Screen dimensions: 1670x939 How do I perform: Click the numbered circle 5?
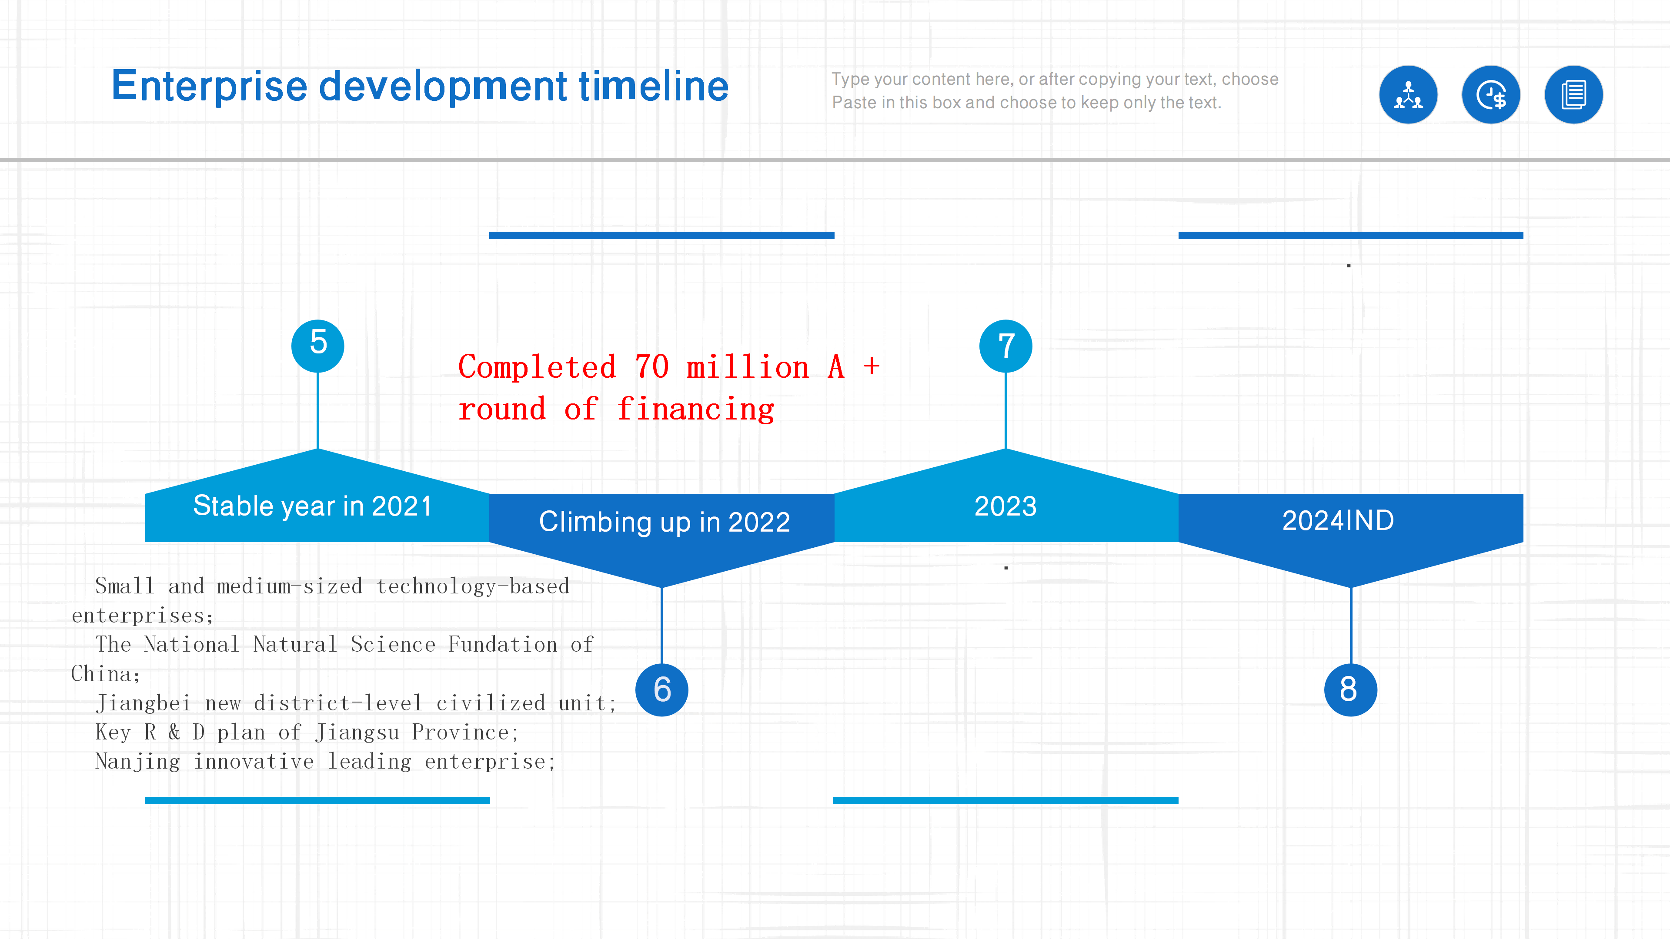tap(317, 346)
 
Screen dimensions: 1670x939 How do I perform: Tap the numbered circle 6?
tap(662, 689)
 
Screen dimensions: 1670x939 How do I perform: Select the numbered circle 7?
tap(1005, 346)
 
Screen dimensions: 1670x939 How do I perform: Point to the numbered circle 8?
tap(1350, 689)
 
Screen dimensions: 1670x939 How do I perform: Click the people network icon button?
tap(1408, 95)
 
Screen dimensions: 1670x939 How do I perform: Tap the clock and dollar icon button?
tap(1491, 95)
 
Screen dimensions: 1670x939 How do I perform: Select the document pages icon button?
tap(1574, 95)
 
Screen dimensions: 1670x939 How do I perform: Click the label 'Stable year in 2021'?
tap(313, 506)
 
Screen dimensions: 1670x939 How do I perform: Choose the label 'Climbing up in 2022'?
tap(665, 522)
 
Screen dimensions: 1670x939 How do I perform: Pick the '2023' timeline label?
tap(1005, 506)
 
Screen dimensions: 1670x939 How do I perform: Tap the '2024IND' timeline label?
tap(1338, 520)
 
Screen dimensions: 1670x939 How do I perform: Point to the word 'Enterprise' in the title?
tap(209, 87)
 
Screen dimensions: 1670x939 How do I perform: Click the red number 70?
tap(651, 367)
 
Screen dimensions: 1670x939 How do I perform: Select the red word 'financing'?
tap(696, 410)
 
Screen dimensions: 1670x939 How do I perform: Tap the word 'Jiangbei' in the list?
tap(143, 703)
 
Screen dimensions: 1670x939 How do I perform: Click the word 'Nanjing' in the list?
tap(137, 762)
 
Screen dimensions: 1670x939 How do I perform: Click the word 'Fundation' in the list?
tap(502, 644)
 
